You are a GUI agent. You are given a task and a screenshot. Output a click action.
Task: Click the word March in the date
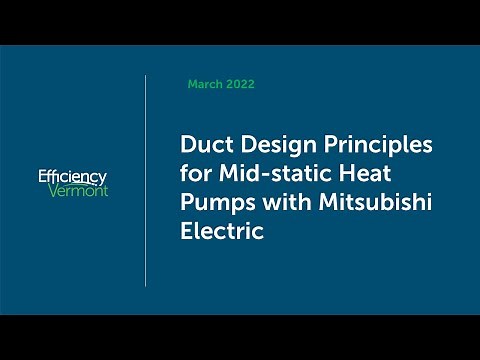coord(205,85)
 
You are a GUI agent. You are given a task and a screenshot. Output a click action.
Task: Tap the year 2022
coord(240,85)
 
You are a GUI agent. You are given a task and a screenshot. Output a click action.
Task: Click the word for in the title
coord(194,174)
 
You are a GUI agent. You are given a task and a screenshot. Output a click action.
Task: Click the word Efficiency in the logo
coord(72,176)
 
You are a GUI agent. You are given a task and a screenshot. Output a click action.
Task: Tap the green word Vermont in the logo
coord(78,190)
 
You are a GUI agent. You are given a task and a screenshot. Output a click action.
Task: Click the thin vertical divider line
coord(146,180)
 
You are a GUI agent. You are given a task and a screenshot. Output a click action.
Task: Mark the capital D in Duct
coord(188,145)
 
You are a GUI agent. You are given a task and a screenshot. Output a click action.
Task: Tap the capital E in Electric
coord(187,232)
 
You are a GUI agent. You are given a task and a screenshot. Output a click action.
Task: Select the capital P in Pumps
coord(187,203)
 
